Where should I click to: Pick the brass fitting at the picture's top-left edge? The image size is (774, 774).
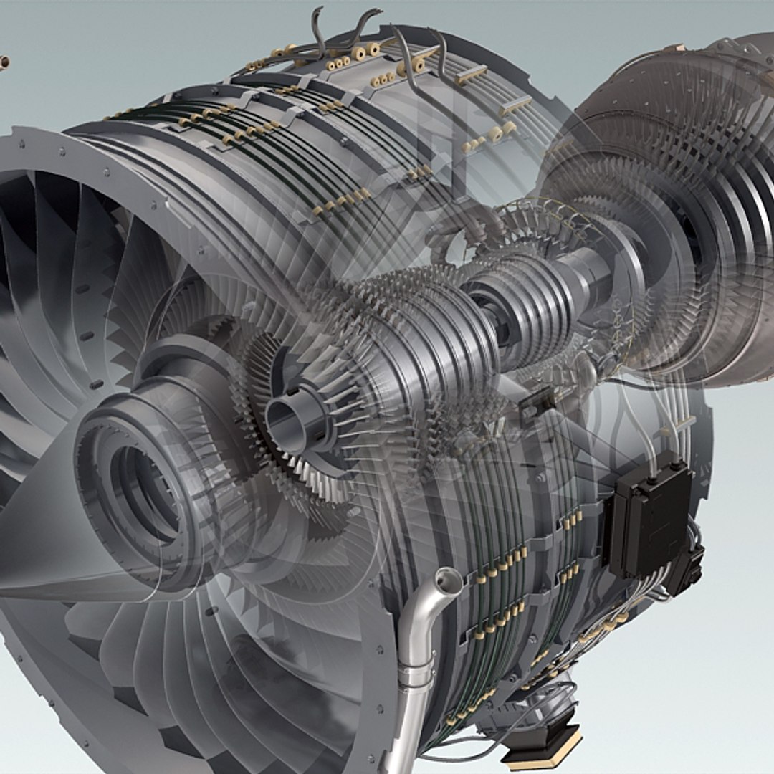[x=4, y=63]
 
